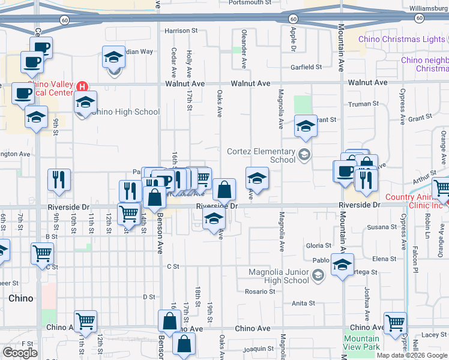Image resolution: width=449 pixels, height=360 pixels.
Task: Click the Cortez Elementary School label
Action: pos(261,155)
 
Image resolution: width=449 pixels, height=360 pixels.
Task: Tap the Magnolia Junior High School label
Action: pos(279,276)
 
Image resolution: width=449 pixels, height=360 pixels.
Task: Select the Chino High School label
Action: pos(127,112)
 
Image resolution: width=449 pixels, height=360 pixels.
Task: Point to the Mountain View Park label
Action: pos(361,343)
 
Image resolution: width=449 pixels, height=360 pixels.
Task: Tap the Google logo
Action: pos(20,352)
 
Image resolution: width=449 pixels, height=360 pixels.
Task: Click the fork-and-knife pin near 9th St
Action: pos(59,180)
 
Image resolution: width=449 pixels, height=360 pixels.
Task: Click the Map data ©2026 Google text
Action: pos(412,355)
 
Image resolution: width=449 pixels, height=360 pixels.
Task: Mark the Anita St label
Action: pos(303,303)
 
